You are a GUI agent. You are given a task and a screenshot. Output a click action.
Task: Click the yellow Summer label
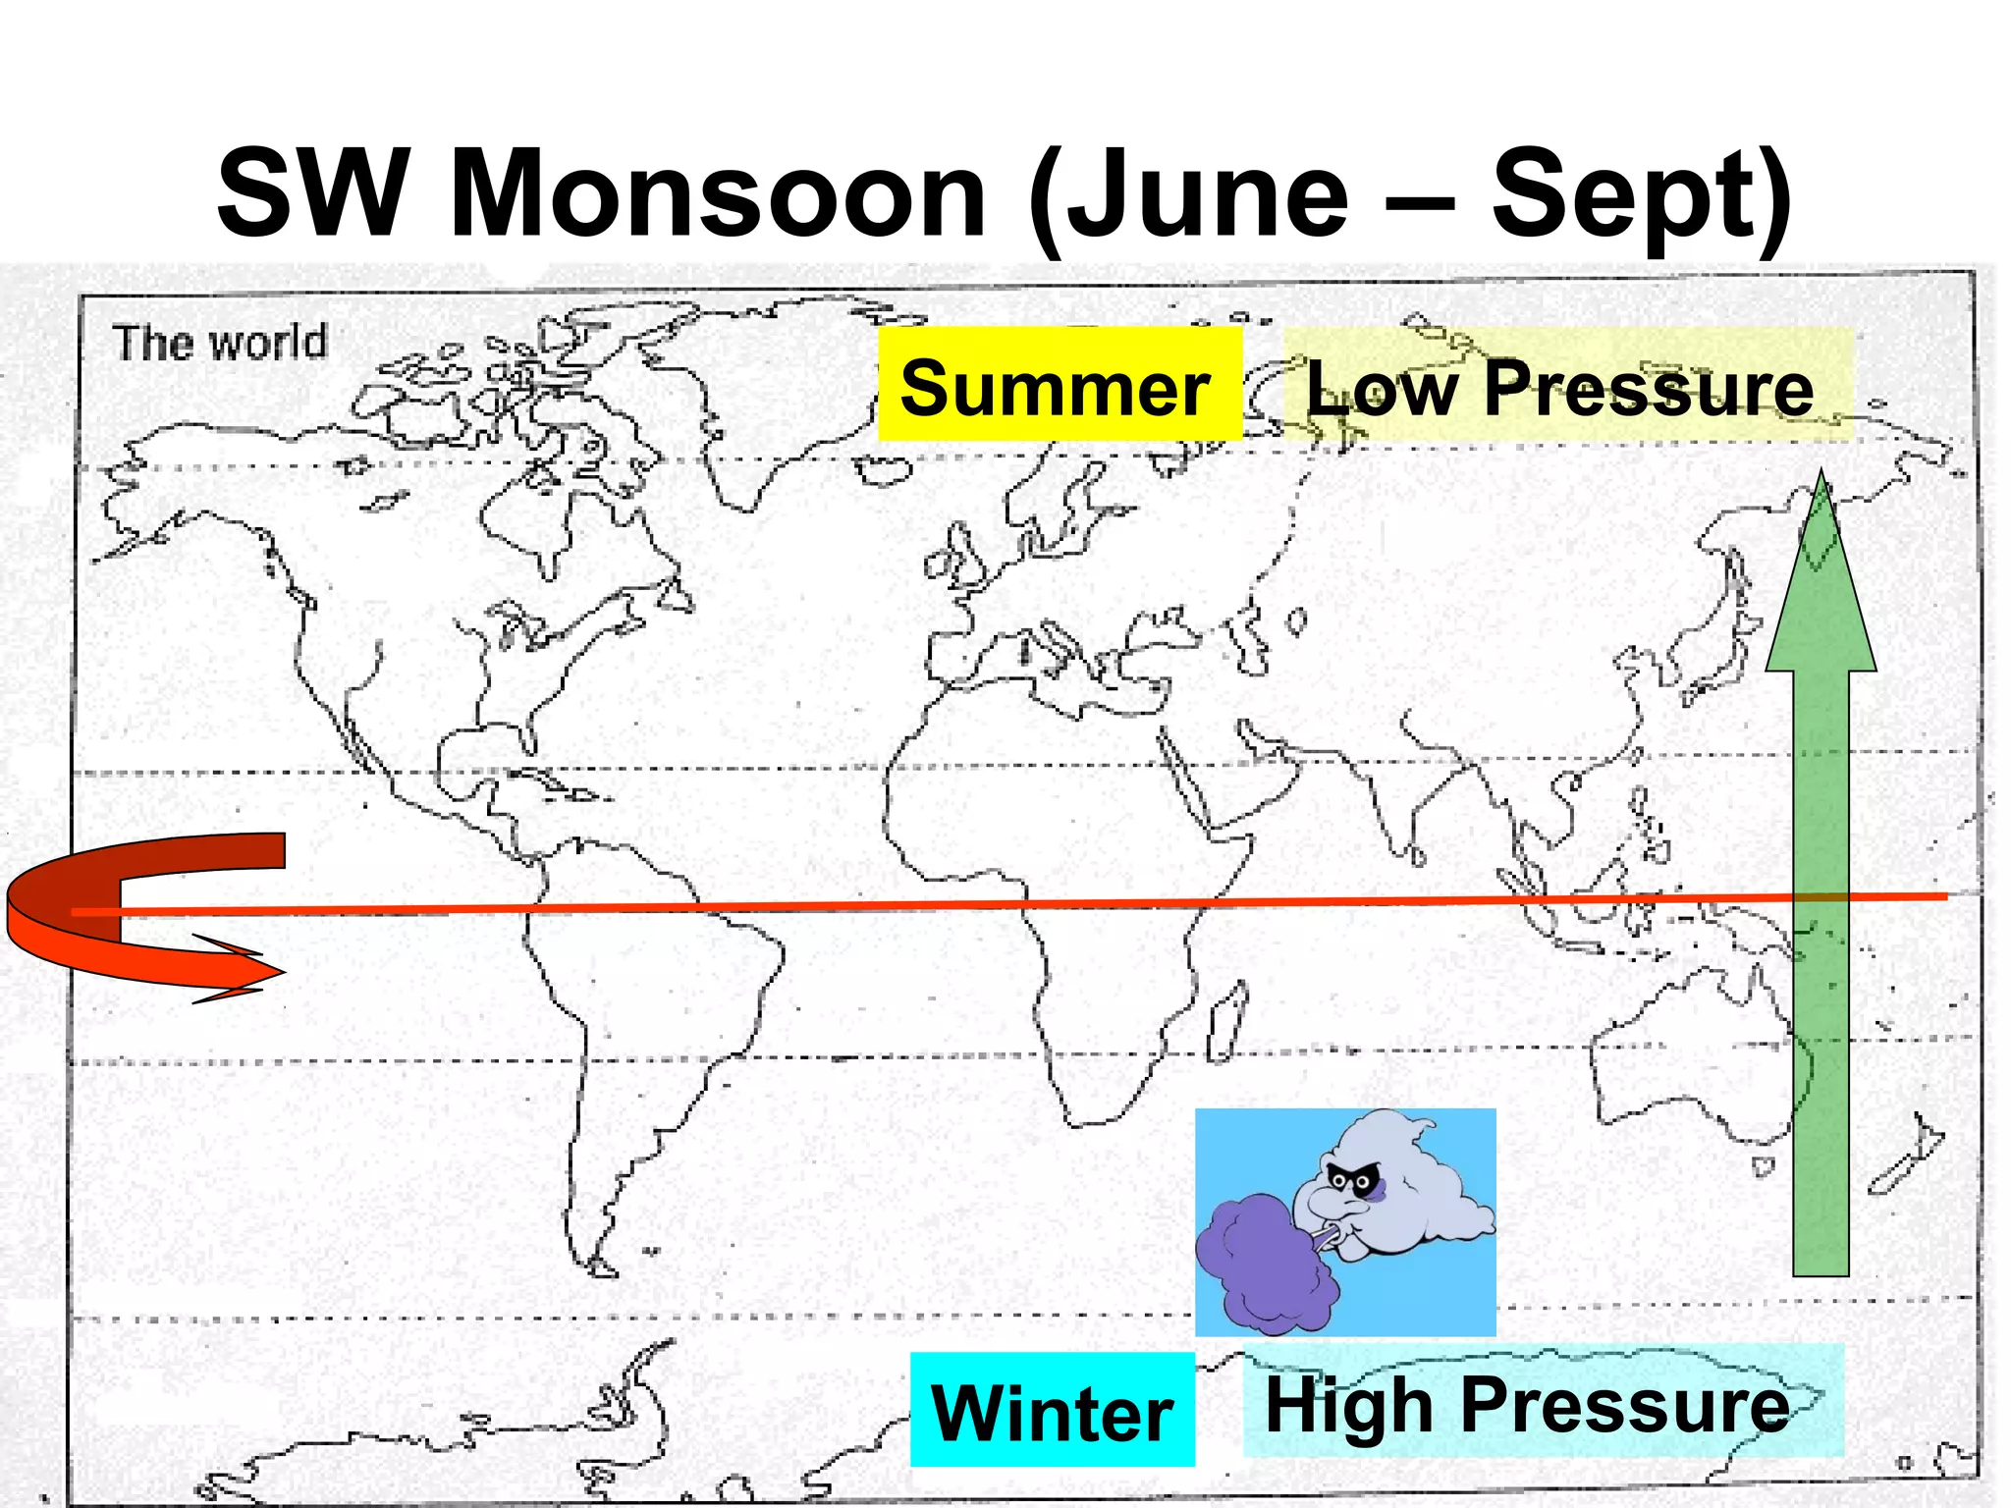pyautogui.click(x=1058, y=386)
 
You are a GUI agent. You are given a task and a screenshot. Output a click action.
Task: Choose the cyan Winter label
pyautogui.click(x=1052, y=1411)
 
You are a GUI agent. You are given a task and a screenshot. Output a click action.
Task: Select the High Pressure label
pyautogui.click(x=1528, y=1404)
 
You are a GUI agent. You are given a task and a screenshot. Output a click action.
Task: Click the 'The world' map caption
pyautogui.click(x=220, y=343)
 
